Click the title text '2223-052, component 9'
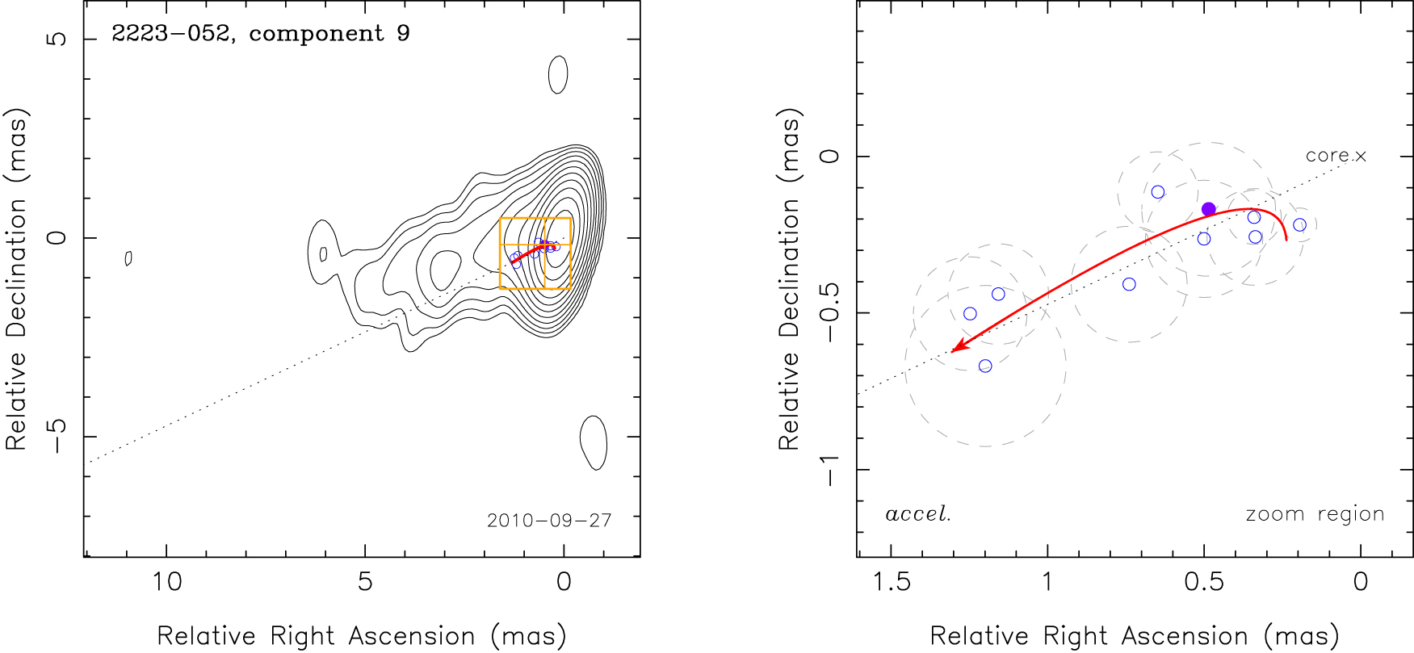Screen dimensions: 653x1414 [x=260, y=34]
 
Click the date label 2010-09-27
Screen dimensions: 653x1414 [x=549, y=521]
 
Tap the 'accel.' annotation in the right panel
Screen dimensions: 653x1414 [x=917, y=514]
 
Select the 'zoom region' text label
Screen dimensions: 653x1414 [x=1315, y=514]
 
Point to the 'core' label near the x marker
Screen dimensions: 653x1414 [x=1326, y=155]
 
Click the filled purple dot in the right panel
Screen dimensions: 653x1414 [x=1208, y=209]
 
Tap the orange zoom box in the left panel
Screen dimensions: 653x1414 [x=535, y=253]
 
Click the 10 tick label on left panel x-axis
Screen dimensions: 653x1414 [x=167, y=581]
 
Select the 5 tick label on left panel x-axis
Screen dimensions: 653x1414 [x=365, y=581]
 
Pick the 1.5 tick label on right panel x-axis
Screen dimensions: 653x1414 [x=892, y=581]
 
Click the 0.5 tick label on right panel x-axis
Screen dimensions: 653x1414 [x=1203, y=581]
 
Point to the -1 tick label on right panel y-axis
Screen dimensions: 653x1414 [x=829, y=470]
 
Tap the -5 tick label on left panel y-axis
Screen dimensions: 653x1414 [x=57, y=437]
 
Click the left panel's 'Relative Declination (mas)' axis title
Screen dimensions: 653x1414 [x=17, y=278]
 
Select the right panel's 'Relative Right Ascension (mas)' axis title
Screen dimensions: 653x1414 [x=1135, y=636]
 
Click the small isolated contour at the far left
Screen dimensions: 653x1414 [x=128, y=258]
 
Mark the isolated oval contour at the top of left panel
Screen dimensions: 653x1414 [x=558, y=75]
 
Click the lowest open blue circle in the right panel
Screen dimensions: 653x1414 [x=985, y=366]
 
